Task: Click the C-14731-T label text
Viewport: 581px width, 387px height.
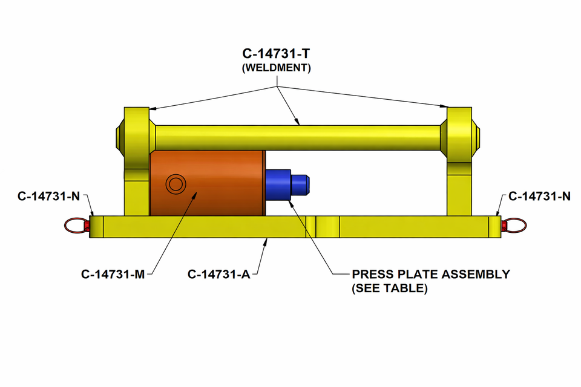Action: click(277, 53)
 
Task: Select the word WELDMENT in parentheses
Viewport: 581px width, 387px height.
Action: click(277, 68)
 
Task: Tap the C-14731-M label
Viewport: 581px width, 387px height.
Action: click(113, 274)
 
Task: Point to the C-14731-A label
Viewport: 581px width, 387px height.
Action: click(219, 274)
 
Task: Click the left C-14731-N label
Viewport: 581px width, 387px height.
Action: click(49, 196)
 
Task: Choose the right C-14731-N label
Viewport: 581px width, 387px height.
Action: click(539, 196)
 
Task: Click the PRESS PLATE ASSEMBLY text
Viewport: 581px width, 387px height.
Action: click(430, 274)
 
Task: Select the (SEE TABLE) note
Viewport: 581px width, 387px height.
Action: click(390, 288)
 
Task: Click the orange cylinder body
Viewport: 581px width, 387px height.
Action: click(224, 181)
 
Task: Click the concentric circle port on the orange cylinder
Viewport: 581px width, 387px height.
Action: click(176, 183)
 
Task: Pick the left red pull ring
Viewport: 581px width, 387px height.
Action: click(74, 226)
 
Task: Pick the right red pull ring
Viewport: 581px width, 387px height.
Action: click(516, 226)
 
